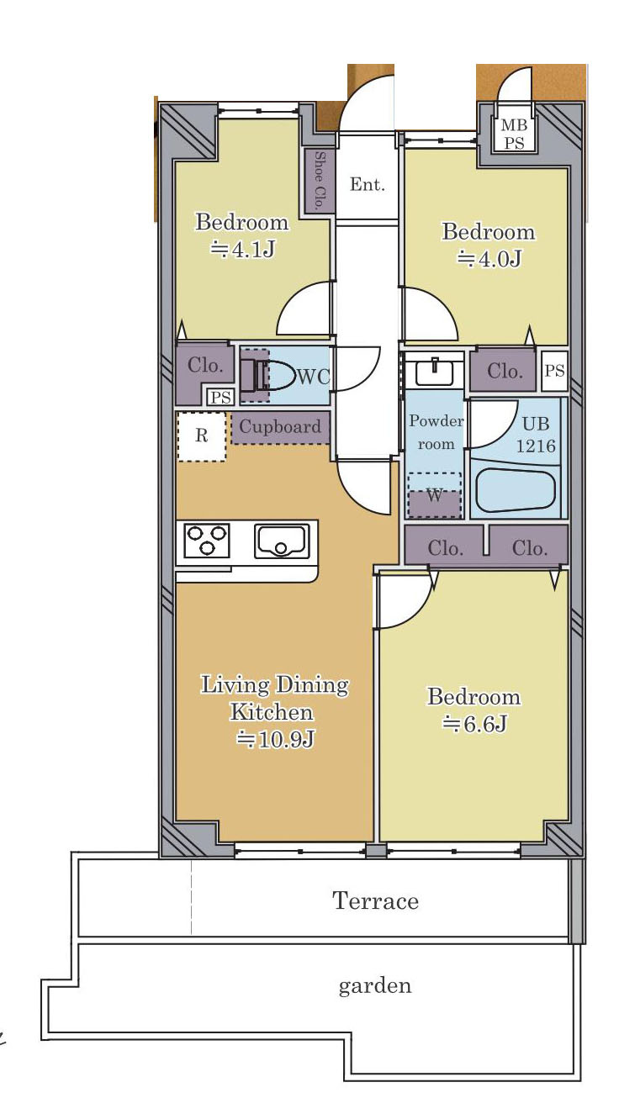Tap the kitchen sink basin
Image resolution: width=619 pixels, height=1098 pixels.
[x=282, y=541]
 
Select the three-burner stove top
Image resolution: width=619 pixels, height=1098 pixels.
[x=207, y=540]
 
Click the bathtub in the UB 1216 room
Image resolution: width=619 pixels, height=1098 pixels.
[x=516, y=490]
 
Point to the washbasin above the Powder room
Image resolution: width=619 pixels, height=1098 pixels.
[x=435, y=372]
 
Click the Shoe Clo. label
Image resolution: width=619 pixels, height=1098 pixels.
[x=320, y=181]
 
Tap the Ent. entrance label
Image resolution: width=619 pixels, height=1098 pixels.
[x=368, y=185]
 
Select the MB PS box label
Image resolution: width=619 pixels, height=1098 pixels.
[x=513, y=134]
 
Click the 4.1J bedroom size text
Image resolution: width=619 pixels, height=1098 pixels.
[x=242, y=250]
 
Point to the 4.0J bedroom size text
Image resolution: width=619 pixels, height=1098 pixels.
[x=489, y=258]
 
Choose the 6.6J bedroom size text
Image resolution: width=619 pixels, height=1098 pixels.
[x=474, y=724]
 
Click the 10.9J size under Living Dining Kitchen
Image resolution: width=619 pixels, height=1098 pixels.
[x=275, y=739]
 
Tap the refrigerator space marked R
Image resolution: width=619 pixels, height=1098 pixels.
[x=202, y=436]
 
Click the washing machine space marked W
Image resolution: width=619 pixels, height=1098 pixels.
[x=435, y=495]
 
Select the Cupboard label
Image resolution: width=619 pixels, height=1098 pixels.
[x=280, y=426]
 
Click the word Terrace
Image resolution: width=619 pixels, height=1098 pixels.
[x=376, y=901]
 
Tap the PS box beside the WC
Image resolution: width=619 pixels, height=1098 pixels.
[x=220, y=397]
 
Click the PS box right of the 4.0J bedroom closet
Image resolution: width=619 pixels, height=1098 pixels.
[x=555, y=370]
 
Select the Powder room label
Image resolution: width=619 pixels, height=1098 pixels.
[x=436, y=432]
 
